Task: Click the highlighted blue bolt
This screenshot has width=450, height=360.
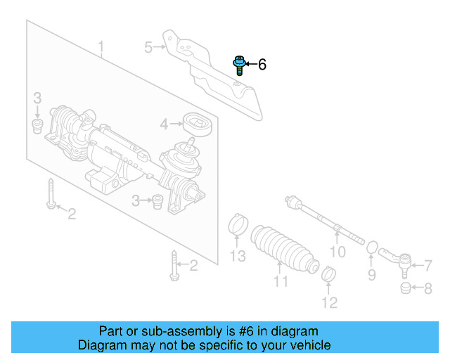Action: pyautogui.click(x=238, y=65)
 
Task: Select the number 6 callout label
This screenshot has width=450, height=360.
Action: pyautogui.click(x=262, y=65)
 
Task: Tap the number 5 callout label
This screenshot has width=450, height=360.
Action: pyautogui.click(x=148, y=48)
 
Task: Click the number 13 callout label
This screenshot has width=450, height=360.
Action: pyautogui.click(x=239, y=256)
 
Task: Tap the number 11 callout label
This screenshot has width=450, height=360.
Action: pyautogui.click(x=281, y=282)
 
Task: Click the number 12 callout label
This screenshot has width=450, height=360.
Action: pyautogui.click(x=329, y=303)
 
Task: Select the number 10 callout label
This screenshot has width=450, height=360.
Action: pyautogui.click(x=337, y=252)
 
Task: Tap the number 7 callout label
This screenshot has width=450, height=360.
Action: pyautogui.click(x=427, y=266)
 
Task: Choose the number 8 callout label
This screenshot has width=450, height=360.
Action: pyautogui.click(x=427, y=288)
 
